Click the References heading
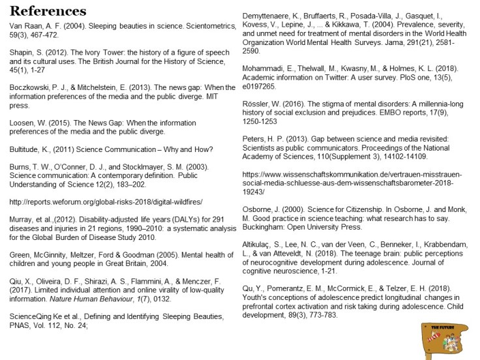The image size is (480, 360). [x=48, y=11]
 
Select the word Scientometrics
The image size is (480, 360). [x=205, y=27]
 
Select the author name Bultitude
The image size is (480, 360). [x=26, y=149]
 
